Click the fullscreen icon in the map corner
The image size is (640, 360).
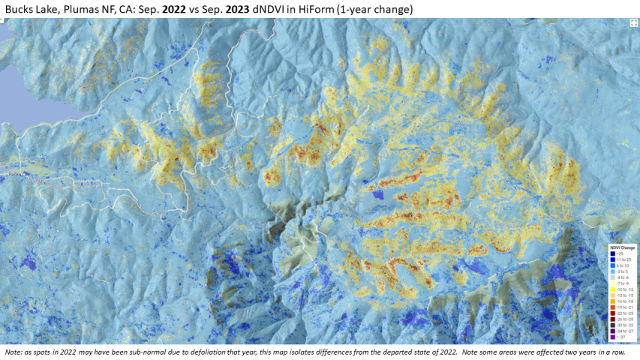pyautogui.click(x=632, y=23)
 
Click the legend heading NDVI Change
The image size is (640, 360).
pyautogui.click(x=622, y=247)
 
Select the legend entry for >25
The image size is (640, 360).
pyautogui.click(x=620, y=253)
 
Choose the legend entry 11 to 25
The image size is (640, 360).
pyautogui.click(x=623, y=259)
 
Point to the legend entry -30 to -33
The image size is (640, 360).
pyautogui.click(x=624, y=325)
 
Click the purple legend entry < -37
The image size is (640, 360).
pyautogui.click(x=621, y=337)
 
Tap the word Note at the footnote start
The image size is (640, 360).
pyautogui.click(x=13, y=352)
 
